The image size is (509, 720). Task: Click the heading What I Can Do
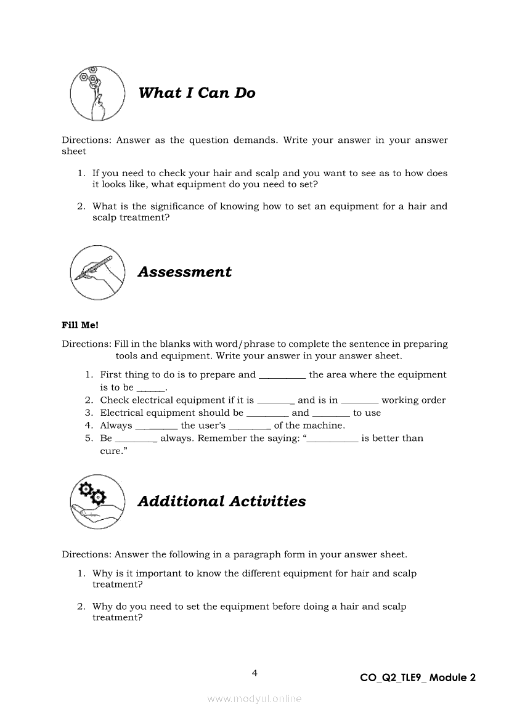pyautogui.click(x=197, y=93)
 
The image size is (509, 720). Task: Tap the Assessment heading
pyautogui.click(x=184, y=272)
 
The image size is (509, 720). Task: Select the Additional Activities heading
pyautogui.click(x=221, y=501)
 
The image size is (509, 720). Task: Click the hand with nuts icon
pyautogui.click(x=94, y=94)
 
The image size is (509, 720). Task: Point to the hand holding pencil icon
pyautogui.click(x=97, y=272)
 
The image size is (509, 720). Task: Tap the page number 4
pyautogui.click(x=254, y=673)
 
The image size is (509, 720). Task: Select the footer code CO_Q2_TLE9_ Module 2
pyautogui.click(x=418, y=678)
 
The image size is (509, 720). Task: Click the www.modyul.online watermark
pyautogui.click(x=254, y=698)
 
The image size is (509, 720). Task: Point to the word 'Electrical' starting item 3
pyautogui.click(x=125, y=413)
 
